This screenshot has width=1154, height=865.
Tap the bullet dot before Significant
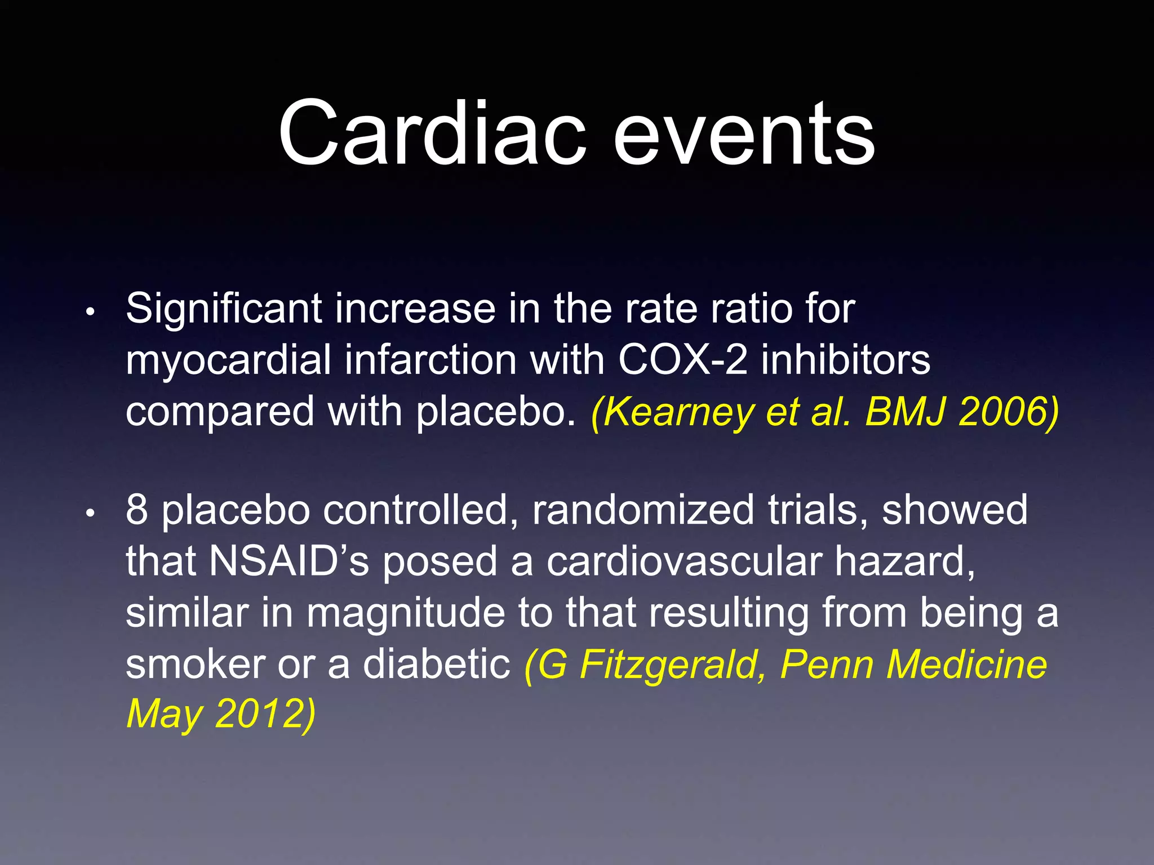[90, 312]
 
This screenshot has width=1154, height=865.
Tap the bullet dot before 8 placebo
[90, 513]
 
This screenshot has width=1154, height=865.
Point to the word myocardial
[228, 361]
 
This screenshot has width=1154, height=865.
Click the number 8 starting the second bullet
[137, 510]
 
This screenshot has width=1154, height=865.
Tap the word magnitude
[405, 613]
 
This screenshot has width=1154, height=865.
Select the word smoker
[195, 665]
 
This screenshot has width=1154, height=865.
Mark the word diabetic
[436, 665]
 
